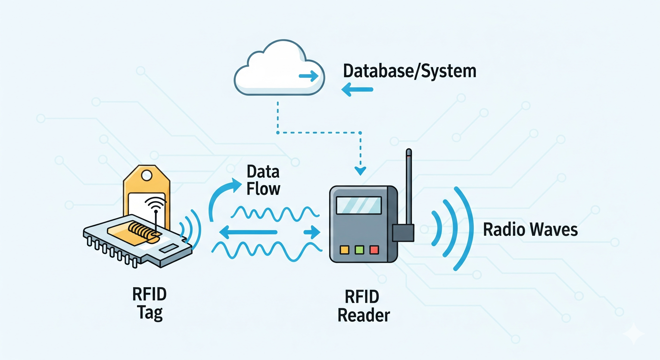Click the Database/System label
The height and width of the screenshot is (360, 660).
click(409, 71)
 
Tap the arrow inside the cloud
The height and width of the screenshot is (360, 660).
click(309, 76)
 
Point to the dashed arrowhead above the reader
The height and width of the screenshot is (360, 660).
click(360, 171)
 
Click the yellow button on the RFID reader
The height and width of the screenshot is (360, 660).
click(344, 250)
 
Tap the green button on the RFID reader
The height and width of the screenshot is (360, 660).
click(359, 250)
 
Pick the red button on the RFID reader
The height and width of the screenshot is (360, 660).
click(374, 250)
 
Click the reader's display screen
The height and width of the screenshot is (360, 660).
click(359, 205)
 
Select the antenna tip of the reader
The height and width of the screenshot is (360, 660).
click(409, 152)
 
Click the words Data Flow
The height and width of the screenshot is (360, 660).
click(263, 180)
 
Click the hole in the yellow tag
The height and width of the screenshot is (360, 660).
click(147, 176)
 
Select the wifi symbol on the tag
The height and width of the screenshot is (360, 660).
click(155, 204)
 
